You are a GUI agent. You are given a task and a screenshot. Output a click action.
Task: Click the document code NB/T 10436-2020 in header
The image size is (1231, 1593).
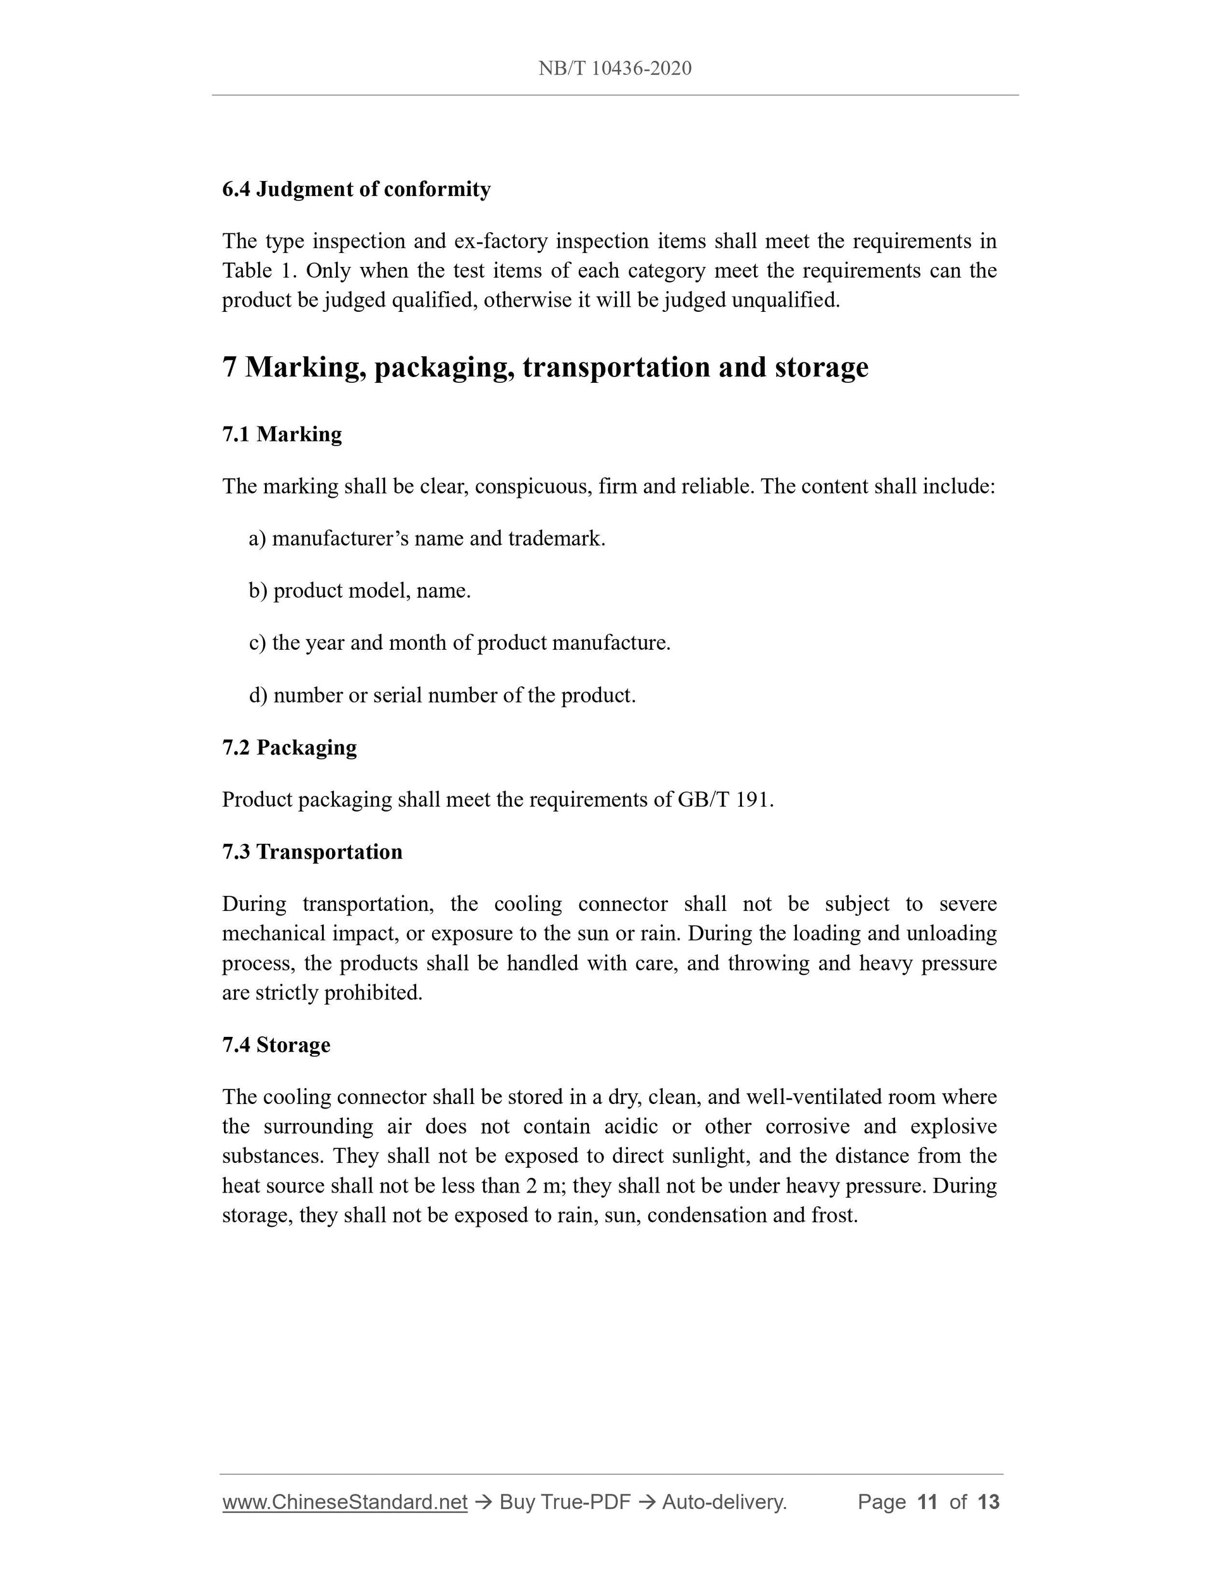615,68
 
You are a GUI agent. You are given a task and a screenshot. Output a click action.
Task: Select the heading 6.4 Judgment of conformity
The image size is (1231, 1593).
356,189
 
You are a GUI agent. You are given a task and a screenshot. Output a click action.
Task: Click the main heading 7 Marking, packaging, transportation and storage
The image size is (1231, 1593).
545,367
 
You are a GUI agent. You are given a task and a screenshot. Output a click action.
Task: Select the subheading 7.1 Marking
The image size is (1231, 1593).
281,434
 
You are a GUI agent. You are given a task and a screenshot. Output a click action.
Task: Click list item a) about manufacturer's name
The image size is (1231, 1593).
428,538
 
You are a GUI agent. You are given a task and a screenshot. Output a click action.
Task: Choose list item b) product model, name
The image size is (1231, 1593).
361,590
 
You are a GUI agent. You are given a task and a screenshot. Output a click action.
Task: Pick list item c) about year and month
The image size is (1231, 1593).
459,643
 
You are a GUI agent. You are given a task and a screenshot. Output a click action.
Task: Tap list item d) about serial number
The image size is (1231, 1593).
443,695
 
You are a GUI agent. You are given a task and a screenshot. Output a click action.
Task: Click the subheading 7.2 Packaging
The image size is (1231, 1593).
290,747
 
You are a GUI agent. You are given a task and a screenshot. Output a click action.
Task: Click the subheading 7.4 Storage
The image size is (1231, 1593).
276,1044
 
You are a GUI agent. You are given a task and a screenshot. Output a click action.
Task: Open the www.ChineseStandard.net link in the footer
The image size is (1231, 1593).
344,1502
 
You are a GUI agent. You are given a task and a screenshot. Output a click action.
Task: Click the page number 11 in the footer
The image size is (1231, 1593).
927,1502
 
